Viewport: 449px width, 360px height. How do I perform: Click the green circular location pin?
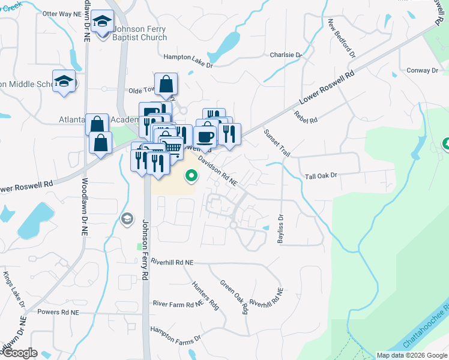[191, 176]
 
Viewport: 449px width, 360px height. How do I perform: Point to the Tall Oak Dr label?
[322, 176]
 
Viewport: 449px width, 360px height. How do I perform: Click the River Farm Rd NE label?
[178, 304]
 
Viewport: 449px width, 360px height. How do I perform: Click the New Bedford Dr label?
[342, 38]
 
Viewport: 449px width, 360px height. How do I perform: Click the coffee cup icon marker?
[205, 136]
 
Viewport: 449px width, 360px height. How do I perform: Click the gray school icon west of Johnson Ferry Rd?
[127, 219]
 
